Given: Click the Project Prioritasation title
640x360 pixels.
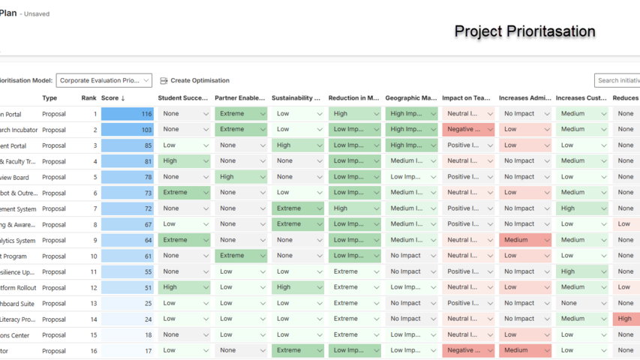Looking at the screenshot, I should [x=524, y=31].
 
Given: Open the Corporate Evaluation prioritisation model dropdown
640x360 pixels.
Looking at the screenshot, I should [x=104, y=80].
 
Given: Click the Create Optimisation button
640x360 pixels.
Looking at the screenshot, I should [x=194, y=80].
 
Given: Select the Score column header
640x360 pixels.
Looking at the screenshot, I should [x=113, y=98].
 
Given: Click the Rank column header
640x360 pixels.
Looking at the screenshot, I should [x=89, y=98].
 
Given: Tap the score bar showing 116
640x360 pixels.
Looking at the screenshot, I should [x=127, y=114].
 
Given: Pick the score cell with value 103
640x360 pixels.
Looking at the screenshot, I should [x=127, y=130].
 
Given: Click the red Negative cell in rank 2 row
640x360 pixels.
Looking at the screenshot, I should [x=468, y=130].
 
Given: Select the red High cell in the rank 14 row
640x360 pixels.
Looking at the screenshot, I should [x=626, y=319].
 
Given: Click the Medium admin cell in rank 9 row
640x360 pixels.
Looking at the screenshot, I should [x=525, y=240].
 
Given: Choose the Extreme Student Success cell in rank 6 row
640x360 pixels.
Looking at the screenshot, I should [x=184, y=193].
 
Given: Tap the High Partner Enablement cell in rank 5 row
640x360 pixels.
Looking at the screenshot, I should [x=241, y=177].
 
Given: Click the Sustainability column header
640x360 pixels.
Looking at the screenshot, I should [x=296, y=98].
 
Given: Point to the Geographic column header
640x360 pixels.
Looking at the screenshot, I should [x=410, y=98].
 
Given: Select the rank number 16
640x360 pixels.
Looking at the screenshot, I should [x=94, y=350].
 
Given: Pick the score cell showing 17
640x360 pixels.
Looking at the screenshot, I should [x=127, y=350].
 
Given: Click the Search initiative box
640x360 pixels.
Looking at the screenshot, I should [x=618, y=80].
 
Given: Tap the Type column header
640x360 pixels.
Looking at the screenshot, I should [x=50, y=98].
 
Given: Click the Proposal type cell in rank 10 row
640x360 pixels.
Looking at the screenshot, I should [x=54, y=256].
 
